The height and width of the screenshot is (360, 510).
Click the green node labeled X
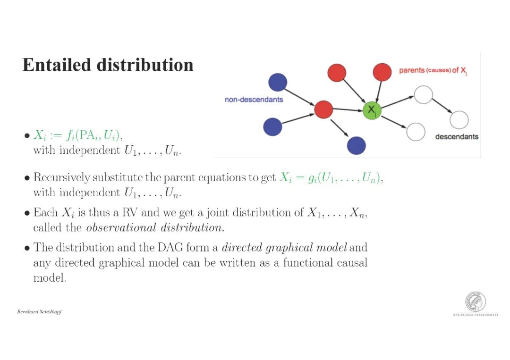[372, 110]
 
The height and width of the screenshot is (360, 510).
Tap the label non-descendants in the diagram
[254, 100]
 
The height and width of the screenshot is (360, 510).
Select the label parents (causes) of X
[433, 71]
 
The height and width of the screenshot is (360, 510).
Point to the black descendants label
[456, 137]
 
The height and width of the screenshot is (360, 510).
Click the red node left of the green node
[323, 109]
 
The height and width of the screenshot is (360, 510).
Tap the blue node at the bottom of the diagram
[356, 145]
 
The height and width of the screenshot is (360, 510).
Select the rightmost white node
[459, 120]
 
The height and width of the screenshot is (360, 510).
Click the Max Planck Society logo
[475, 302]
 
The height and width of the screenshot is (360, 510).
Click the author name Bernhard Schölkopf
[39, 312]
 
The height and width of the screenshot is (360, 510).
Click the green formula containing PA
[78, 136]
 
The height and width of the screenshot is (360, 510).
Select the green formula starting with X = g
[331, 178]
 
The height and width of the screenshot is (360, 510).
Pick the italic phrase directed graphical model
[284, 247]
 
